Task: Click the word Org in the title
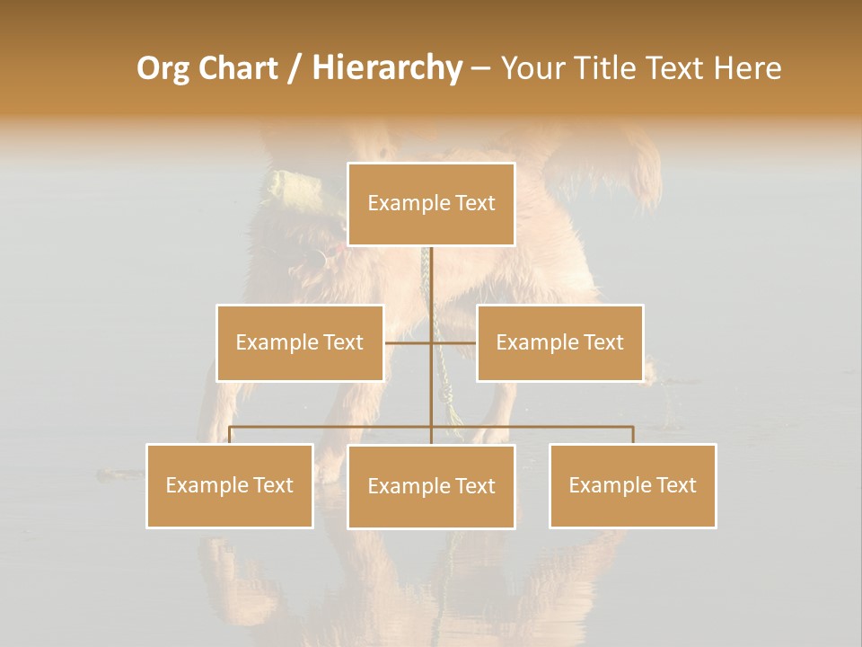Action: click(162, 68)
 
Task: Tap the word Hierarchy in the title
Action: click(386, 68)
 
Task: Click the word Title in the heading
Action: click(610, 68)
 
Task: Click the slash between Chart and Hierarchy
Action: click(294, 68)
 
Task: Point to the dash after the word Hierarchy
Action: click(480, 69)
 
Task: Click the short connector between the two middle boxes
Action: click(431, 342)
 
